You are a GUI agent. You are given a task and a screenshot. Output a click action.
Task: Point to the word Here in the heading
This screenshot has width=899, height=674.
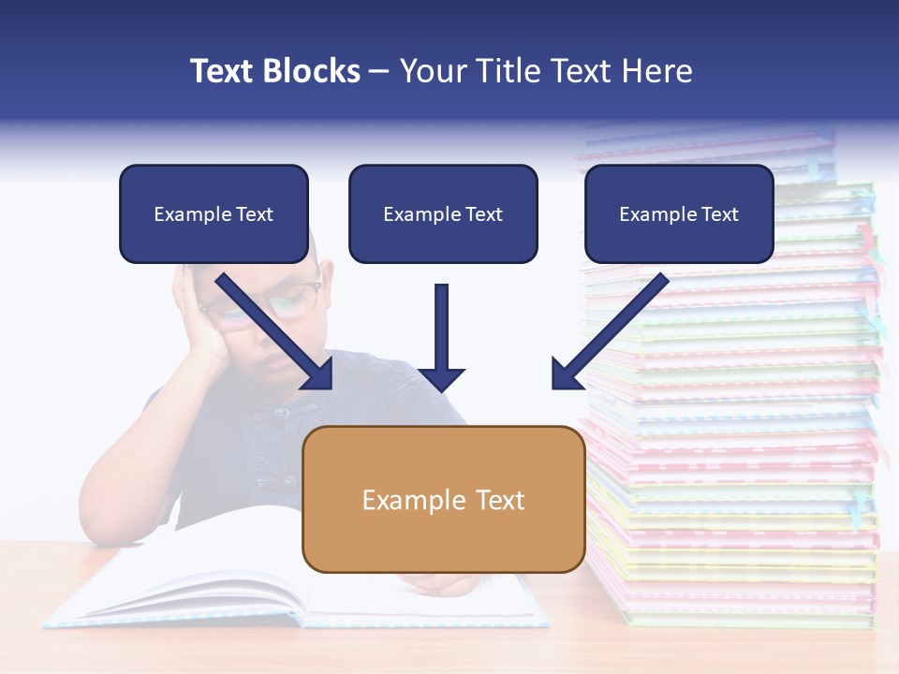tap(656, 71)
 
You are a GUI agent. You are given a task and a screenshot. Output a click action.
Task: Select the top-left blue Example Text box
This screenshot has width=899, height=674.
tap(214, 214)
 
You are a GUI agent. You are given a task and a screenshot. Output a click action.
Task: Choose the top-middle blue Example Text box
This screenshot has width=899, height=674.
tap(443, 214)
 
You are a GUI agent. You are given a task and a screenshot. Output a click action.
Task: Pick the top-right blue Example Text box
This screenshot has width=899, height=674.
tap(679, 214)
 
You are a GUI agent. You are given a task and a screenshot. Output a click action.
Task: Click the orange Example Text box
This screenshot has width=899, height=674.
tap(443, 499)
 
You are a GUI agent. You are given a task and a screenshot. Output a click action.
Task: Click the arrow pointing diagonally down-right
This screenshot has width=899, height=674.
tap(275, 331)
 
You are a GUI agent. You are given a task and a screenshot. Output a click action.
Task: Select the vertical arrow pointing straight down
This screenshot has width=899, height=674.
tap(441, 337)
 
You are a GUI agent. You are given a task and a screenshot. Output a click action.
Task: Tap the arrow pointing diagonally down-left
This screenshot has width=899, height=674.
tap(609, 331)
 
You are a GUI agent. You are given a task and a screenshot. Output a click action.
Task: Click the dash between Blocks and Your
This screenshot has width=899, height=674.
tap(379, 72)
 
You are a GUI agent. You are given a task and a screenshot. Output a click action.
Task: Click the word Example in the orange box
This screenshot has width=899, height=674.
tap(404, 500)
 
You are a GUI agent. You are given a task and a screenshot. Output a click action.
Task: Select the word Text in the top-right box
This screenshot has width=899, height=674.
tap(719, 214)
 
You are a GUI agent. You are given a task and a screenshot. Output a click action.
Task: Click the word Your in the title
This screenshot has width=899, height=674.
tap(434, 71)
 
